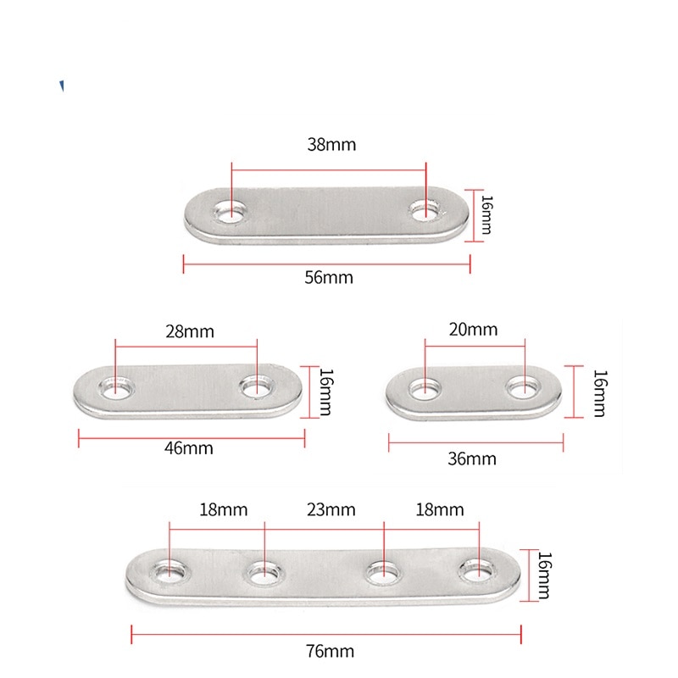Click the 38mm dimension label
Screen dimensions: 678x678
click(331, 144)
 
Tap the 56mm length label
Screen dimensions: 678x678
click(329, 277)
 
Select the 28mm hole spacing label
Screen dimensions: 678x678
click(190, 331)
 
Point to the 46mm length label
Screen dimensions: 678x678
click(188, 448)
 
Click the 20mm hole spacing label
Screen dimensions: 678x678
click(473, 330)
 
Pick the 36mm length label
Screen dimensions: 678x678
click(472, 458)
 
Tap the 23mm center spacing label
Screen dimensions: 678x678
click(331, 510)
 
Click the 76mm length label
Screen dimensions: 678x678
click(330, 651)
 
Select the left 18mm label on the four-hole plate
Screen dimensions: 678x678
click(224, 510)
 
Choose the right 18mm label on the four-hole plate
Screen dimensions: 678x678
click(440, 510)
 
